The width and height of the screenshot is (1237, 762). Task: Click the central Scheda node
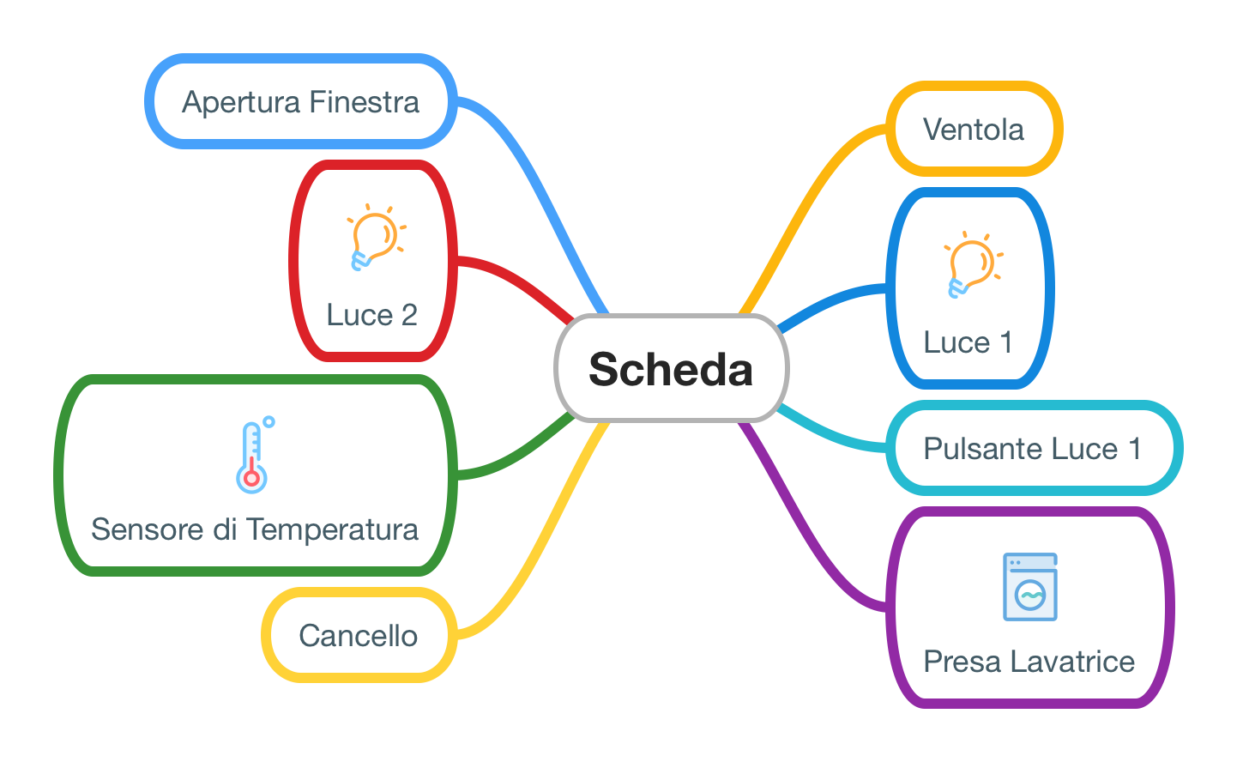point(671,369)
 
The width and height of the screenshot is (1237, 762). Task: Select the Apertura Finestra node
point(300,102)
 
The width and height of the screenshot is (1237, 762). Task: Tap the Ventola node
point(974,130)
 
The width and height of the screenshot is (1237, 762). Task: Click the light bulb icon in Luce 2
point(374,238)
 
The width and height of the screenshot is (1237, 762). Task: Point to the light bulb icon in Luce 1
point(971,264)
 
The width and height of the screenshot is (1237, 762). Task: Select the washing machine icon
point(1030,587)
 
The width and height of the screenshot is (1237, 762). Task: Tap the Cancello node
point(359,636)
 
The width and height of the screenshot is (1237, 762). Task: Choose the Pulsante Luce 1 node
point(1033,448)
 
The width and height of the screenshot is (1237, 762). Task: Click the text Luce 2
point(371,315)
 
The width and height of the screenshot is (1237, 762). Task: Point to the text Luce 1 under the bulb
point(968,342)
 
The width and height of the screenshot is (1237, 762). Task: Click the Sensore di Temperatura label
point(255,529)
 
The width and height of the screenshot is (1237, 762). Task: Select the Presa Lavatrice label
point(1029,662)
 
